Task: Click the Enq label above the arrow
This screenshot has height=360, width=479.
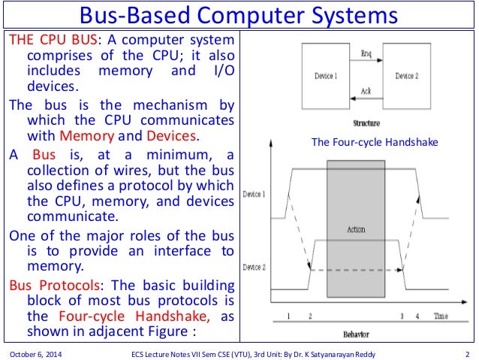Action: point(366,53)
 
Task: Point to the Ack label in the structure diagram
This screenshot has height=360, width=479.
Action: point(366,90)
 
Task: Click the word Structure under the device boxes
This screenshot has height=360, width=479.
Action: point(366,122)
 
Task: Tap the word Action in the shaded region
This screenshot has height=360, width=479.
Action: point(355,228)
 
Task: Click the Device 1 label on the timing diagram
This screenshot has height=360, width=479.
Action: point(255,195)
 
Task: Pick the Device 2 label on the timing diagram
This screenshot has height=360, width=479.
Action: point(255,267)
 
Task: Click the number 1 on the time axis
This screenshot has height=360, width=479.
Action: point(289,316)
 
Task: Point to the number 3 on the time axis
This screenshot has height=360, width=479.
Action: point(403,316)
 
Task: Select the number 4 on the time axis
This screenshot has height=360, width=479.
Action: point(418,316)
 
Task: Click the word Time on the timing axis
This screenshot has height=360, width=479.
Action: point(441,316)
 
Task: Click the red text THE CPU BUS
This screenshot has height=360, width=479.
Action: point(45,39)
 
